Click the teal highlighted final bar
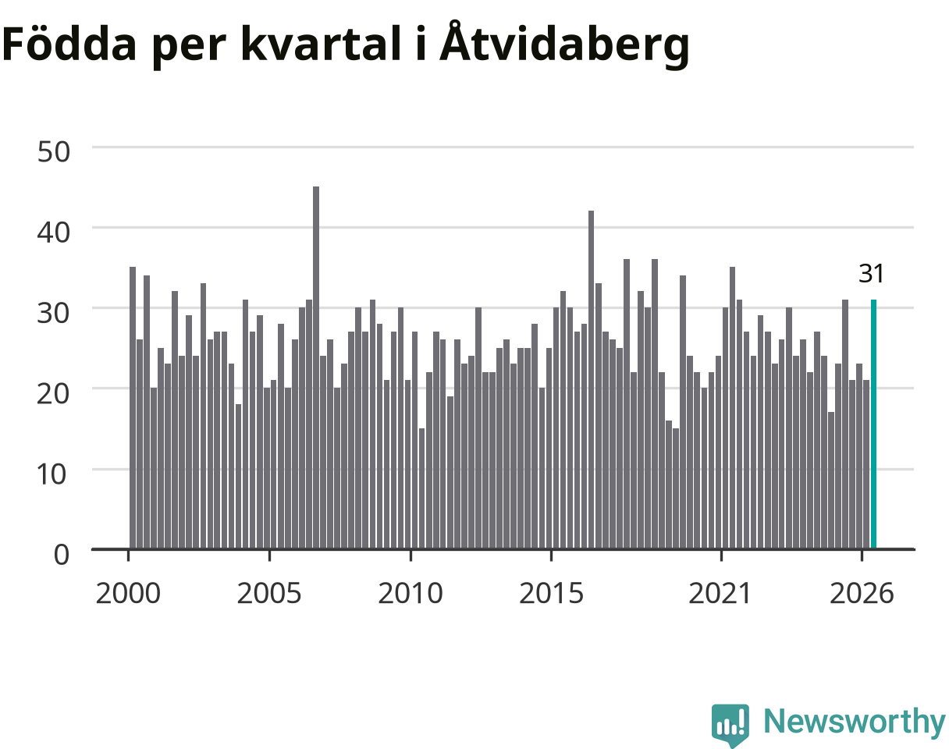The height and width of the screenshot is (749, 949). click(873, 424)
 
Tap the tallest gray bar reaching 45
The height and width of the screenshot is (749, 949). click(316, 367)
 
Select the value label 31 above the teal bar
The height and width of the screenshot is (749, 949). click(872, 274)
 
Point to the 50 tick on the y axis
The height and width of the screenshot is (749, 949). click(53, 152)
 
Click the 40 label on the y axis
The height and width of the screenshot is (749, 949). click(53, 233)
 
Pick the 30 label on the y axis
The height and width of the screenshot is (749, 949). click(53, 314)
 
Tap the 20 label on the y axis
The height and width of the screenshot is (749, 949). click(53, 394)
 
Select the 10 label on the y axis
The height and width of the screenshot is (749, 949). click(52, 474)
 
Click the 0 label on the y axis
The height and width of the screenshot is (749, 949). click(62, 555)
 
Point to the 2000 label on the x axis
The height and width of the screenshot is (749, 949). click(128, 594)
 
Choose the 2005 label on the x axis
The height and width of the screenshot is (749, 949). click(269, 594)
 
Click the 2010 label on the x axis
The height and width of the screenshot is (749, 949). click(411, 594)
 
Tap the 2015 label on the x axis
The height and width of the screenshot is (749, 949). click(551, 594)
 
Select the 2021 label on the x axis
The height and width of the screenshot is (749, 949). click(720, 594)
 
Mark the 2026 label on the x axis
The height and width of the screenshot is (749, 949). click(862, 594)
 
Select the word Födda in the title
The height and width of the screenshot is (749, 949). click(69, 43)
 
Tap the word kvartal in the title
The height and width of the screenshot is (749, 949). click(321, 43)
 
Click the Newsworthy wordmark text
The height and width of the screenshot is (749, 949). click(855, 722)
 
